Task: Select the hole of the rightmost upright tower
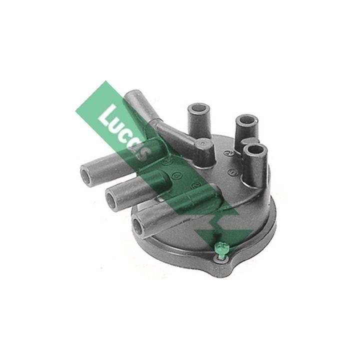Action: pos(256,148)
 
